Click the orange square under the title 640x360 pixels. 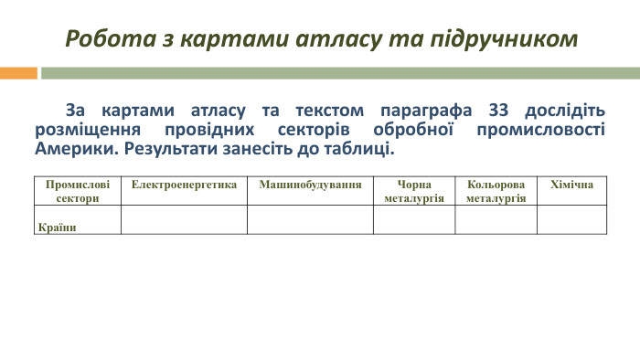[x=18, y=72]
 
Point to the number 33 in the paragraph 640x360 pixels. [x=498, y=111]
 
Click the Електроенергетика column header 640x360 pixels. [x=184, y=185]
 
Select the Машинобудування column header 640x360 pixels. [x=310, y=185]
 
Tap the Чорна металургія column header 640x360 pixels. [x=414, y=191]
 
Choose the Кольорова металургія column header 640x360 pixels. [x=496, y=191]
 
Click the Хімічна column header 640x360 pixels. [x=571, y=185]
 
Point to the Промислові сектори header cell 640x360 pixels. [x=77, y=191]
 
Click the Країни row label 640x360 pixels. [x=57, y=228]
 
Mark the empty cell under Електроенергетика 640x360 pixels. [x=184, y=219]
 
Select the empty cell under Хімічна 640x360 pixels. [x=571, y=219]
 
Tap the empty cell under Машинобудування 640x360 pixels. [x=310, y=219]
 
